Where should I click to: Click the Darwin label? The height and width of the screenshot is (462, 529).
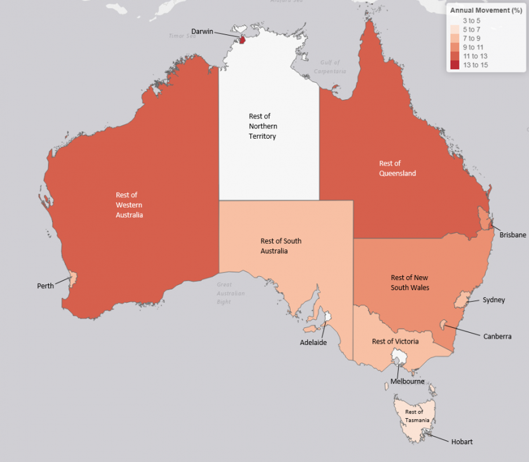click(x=202, y=31)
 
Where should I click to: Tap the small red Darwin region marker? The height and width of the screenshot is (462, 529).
click(x=242, y=40)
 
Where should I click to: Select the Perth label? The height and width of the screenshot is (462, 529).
click(x=45, y=286)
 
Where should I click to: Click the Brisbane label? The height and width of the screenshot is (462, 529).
click(x=512, y=235)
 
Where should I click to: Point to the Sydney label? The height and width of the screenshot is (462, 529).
click(x=493, y=300)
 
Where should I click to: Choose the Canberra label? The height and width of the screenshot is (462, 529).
click(x=497, y=336)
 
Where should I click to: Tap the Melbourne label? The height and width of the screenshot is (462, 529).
click(x=407, y=381)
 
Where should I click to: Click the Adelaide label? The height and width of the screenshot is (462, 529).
click(x=313, y=342)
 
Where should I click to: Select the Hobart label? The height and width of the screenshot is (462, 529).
click(x=462, y=442)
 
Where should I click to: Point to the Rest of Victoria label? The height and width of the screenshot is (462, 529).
click(x=395, y=342)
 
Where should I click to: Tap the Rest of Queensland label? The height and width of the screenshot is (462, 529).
click(x=397, y=168)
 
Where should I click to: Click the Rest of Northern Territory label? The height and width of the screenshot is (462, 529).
click(x=263, y=126)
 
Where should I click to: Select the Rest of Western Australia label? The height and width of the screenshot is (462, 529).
click(x=129, y=205)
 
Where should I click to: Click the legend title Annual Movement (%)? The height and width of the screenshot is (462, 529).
click(x=485, y=10)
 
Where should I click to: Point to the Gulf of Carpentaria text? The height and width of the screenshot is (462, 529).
click(x=330, y=67)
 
